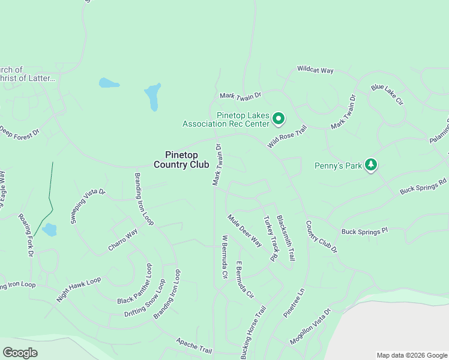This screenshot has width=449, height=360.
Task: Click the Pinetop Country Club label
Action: click(181, 160)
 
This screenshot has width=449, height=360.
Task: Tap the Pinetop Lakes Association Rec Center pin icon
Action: click(279, 119)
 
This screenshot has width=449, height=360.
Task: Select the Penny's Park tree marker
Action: click(371, 165)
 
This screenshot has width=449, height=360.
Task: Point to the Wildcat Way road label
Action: click(315, 70)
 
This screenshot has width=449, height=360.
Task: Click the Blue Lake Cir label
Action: click(387, 95)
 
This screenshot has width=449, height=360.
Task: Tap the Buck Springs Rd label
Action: click(424, 185)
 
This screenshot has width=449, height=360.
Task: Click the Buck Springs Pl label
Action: click(365, 231)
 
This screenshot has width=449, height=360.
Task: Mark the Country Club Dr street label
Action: click(322, 236)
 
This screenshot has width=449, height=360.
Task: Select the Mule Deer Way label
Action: click(245, 230)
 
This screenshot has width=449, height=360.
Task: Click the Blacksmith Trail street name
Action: click(286, 238)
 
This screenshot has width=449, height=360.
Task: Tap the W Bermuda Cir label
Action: click(225, 257)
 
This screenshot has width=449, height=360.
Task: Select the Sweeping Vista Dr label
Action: click(88, 206)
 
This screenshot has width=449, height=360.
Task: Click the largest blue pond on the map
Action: click(153, 97)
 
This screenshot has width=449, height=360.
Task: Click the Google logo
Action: click(20, 353)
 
